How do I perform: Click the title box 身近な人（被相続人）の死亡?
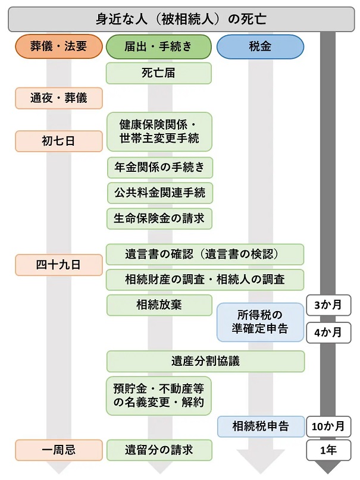tap(181, 19)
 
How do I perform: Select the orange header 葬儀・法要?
tap(59, 46)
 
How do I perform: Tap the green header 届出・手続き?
tap(158, 46)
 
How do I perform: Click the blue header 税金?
tap(260, 46)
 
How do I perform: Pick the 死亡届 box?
tap(158, 73)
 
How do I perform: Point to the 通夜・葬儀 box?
tap(59, 98)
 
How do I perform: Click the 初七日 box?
tap(59, 141)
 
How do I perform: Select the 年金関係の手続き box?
tap(160, 168)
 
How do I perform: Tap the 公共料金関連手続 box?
tap(160, 193)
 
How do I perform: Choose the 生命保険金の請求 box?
tap(159, 218)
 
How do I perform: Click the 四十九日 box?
tap(59, 265)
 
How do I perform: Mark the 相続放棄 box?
tap(159, 305)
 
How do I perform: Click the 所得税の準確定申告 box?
tap(260, 322)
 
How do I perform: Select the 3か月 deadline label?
tap(328, 305)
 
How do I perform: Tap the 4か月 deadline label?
tap(328, 332)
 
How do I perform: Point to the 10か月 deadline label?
tap(328, 426)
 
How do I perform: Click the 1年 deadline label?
tap(328, 450)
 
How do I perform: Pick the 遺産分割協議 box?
tap(205, 361)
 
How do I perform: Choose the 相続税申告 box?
tap(261, 426)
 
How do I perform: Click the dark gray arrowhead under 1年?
tap(328, 468)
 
